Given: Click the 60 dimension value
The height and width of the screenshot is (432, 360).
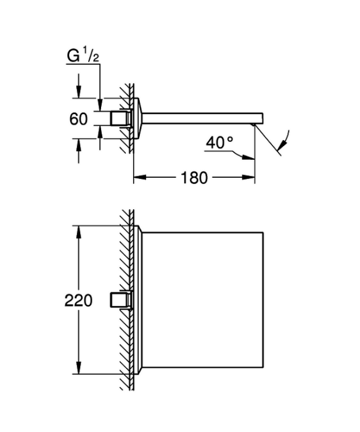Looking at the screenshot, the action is point(78,119).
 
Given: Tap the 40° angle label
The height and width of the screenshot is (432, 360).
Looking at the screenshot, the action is point(219,143).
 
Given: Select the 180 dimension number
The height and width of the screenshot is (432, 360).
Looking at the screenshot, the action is point(194,178).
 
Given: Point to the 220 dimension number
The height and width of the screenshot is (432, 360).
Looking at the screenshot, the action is point(78,301).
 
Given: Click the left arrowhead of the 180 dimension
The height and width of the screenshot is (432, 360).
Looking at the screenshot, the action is point(139,177).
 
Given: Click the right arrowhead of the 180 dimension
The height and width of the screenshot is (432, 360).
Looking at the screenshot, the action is point(248,177).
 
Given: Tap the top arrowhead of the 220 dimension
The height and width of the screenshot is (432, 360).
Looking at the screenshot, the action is point(79,232).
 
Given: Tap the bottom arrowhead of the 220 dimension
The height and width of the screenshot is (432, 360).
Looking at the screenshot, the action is point(79,368).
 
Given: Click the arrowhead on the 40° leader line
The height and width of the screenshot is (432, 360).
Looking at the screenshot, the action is point(248,157).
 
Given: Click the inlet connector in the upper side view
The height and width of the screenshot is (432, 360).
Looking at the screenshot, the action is point(120,118).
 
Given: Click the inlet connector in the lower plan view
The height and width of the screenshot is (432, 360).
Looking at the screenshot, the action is point(120,300).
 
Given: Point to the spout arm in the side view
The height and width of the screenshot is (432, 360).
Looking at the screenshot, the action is point(202,118).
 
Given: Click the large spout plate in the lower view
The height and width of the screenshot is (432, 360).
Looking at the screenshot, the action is point(203,300).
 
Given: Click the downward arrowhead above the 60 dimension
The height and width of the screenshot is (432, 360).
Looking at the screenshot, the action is point(79,92).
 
